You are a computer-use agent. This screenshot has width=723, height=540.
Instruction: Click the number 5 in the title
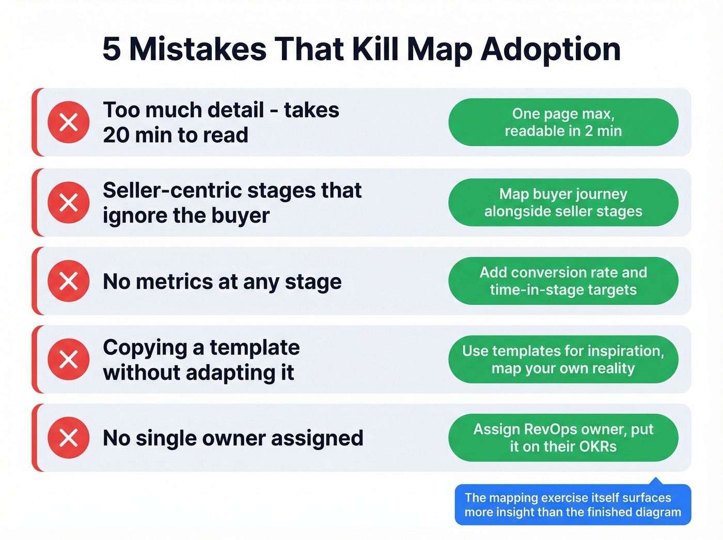[112, 50]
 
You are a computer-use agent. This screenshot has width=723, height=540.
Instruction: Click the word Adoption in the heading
[551, 50]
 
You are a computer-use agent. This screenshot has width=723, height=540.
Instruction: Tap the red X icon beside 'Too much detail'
[69, 122]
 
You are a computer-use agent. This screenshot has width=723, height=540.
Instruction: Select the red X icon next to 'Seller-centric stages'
[69, 203]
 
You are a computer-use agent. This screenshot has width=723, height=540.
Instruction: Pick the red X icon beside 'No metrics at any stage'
[69, 281]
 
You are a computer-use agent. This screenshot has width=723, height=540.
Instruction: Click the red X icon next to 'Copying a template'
[69, 359]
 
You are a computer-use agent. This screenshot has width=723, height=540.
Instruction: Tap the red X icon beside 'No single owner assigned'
[69, 438]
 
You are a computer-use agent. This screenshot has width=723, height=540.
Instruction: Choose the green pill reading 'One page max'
[563, 122]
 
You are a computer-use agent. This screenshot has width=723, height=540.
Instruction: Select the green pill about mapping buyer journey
[563, 203]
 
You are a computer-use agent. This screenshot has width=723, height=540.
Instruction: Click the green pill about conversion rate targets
[563, 281]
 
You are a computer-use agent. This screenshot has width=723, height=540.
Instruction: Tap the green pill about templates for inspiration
[563, 359]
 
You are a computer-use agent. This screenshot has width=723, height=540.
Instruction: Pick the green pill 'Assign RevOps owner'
[563, 438]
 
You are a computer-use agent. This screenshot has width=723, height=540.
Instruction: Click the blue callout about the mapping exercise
[573, 505]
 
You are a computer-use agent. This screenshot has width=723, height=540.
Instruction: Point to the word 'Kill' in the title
[375, 50]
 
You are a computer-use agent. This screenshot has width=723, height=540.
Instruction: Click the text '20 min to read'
[176, 135]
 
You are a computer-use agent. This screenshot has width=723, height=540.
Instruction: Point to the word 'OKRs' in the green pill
[597, 446]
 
